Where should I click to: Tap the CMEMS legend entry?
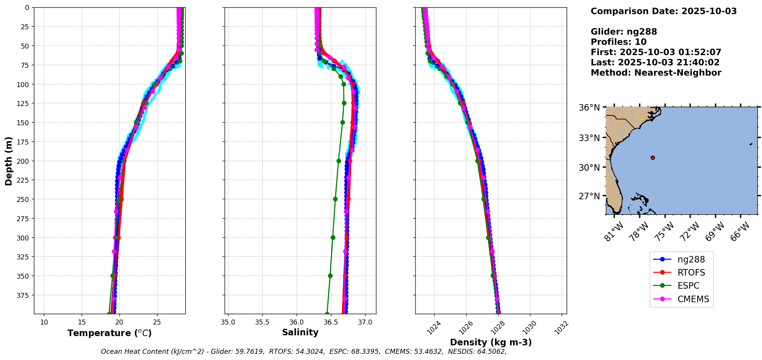click(x=693, y=299)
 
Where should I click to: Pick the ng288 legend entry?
click(x=691, y=260)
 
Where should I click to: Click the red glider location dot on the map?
click(x=653, y=158)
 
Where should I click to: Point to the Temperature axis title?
click(x=109, y=333)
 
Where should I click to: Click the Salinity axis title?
click(x=300, y=333)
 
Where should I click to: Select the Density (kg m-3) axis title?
click(x=491, y=342)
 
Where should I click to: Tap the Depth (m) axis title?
click(x=8, y=161)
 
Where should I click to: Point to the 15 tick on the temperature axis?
click(x=82, y=322)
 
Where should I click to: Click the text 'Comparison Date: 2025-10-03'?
click(x=663, y=11)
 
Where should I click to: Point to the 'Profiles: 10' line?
click(x=618, y=42)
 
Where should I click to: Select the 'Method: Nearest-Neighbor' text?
click(x=656, y=73)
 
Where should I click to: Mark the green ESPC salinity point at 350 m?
click(x=330, y=276)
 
